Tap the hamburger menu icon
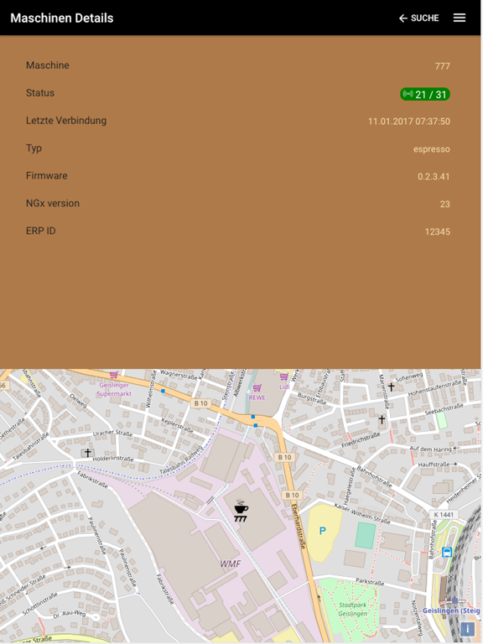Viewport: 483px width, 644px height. (460, 18)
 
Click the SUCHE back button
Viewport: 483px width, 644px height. (418, 18)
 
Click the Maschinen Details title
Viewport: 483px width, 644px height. (62, 18)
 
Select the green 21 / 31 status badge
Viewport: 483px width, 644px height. (425, 94)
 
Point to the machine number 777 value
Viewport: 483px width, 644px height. (442, 66)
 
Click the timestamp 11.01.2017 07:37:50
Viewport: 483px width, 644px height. (408, 122)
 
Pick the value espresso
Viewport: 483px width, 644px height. (431, 149)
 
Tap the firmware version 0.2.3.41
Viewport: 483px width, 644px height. (434, 177)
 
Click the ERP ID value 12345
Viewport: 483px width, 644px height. (437, 231)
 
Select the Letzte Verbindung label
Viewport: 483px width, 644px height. (66, 121)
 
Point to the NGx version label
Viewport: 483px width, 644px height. (53, 203)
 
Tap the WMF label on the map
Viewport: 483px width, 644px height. (230, 563)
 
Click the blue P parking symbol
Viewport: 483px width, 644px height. (322, 532)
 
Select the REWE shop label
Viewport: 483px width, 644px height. (257, 397)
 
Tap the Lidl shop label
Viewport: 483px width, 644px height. (284, 387)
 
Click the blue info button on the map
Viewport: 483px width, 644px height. (467, 629)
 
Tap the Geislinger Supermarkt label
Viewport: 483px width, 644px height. (113, 389)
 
